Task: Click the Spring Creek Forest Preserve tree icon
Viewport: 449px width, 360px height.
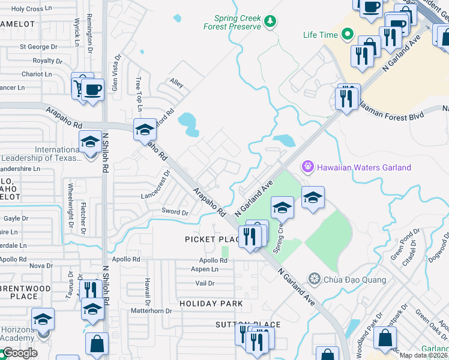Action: pos(270,22)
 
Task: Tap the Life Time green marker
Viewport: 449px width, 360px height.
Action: pos(346,35)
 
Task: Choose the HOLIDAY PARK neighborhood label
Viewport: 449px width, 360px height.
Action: pos(211,304)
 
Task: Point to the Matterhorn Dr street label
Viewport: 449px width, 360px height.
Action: pos(151,311)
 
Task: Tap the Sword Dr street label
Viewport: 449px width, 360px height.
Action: pos(175,212)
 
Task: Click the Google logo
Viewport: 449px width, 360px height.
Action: pos(19,353)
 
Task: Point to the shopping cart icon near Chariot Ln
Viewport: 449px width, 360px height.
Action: pos(79,88)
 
